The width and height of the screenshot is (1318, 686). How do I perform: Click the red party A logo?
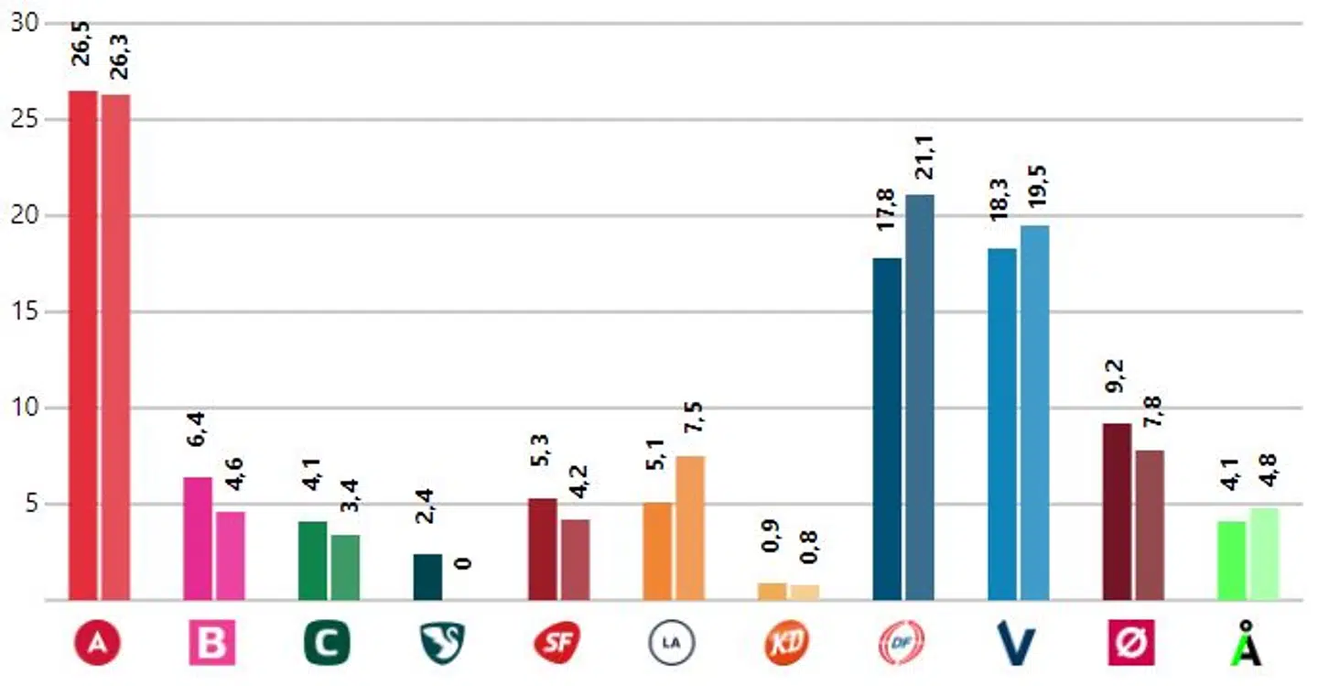[x=98, y=644]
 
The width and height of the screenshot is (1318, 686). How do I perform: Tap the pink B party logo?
[x=212, y=644]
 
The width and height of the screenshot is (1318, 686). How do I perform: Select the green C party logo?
[x=328, y=644]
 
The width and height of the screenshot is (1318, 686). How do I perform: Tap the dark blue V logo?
[x=1017, y=643]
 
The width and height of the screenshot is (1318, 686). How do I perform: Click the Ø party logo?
[x=1132, y=644]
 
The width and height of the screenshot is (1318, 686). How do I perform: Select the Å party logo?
[x=1247, y=644]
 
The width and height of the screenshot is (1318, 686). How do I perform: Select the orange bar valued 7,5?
[x=690, y=528]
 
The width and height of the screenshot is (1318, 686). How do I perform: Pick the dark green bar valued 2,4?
[x=427, y=577]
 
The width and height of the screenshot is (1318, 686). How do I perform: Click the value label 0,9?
[x=772, y=552]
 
